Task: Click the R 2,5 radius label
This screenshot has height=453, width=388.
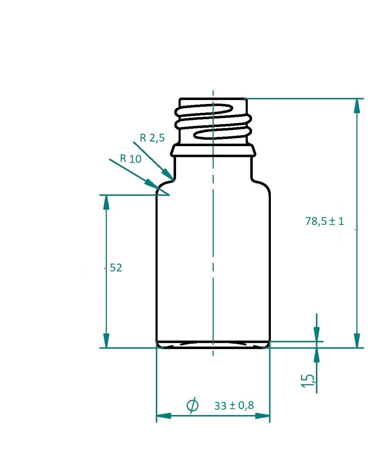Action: [x=152, y=138]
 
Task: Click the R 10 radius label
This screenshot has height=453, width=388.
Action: [x=130, y=158]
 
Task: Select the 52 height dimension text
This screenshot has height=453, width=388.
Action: [x=116, y=268]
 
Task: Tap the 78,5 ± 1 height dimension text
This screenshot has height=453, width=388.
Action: [x=324, y=221]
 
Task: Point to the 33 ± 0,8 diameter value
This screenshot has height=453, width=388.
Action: [x=234, y=405]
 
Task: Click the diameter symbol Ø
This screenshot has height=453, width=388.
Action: [x=192, y=405]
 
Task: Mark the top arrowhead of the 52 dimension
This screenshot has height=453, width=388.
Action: [x=106, y=202]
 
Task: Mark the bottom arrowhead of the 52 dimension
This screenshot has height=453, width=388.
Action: [x=106, y=341]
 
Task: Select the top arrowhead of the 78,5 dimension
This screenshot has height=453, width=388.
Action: [x=357, y=106]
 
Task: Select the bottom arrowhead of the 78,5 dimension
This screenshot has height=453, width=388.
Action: [x=357, y=341]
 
